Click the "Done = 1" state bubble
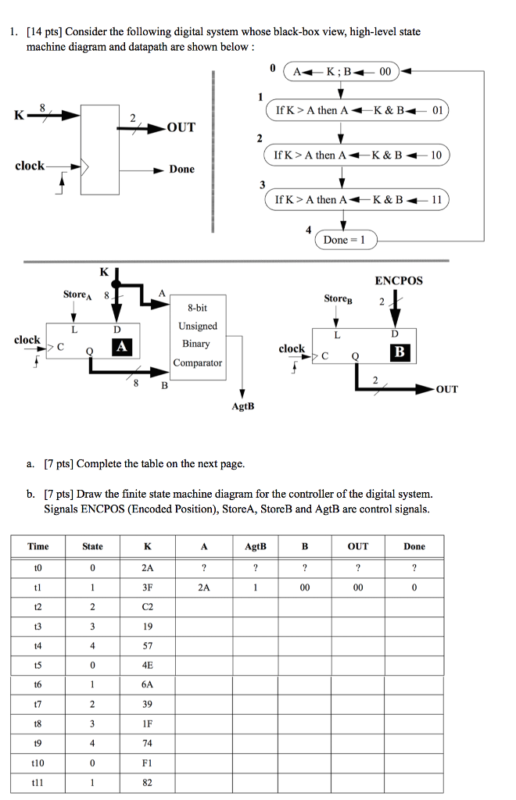click(345, 240)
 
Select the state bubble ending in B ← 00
click(342, 73)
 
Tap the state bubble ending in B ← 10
click(358, 155)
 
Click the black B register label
click(400, 352)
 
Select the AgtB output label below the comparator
click(243, 407)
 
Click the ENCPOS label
click(398, 280)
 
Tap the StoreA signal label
click(77, 295)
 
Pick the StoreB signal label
click(338, 299)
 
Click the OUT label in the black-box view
click(181, 127)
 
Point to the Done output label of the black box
click(181, 170)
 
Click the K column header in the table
click(147, 546)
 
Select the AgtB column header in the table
click(256, 546)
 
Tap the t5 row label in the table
click(38, 665)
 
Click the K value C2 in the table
click(147, 606)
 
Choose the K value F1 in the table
click(147, 763)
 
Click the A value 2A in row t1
click(203, 587)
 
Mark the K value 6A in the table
click(147, 684)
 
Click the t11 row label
click(38, 783)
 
